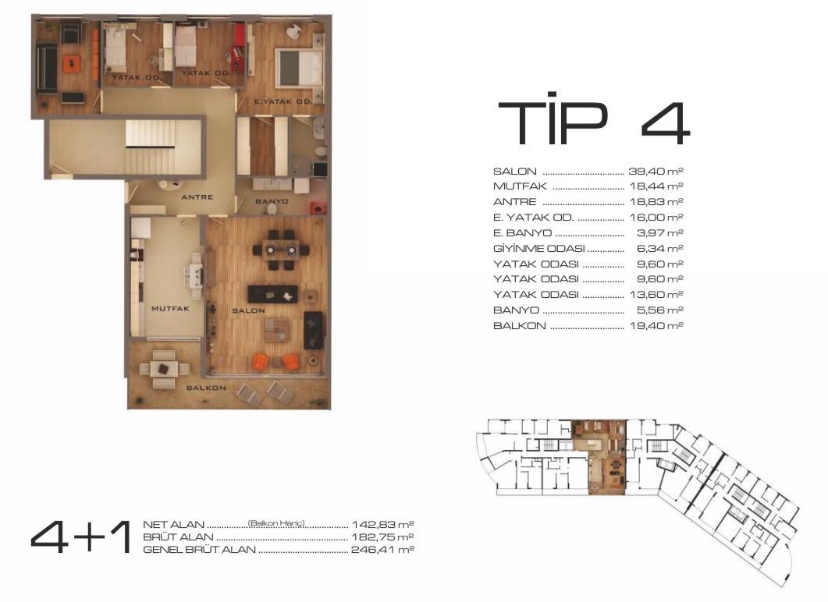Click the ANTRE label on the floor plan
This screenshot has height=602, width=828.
(197, 197)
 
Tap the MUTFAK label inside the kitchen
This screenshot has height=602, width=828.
(170, 309)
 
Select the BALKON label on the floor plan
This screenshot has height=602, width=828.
(206, 388)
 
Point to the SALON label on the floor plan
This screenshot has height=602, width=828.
(248, 311)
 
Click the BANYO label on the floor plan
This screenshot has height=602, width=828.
(272, 201)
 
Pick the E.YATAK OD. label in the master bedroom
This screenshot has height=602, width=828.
(283, 101)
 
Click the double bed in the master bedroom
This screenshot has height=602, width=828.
(298, 68)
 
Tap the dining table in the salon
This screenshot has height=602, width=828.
(280, 249)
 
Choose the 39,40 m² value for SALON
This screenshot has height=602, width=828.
(656, 172)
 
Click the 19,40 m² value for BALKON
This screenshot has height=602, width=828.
(656, 325)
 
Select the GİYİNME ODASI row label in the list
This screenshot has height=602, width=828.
(538, 249)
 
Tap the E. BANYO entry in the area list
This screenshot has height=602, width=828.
(522, 233)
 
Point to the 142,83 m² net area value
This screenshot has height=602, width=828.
(382, 525)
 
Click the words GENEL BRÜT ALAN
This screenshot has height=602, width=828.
(199, 550)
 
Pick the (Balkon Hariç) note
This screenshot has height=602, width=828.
(276, 523)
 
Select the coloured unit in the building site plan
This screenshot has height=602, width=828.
(600, 457)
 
